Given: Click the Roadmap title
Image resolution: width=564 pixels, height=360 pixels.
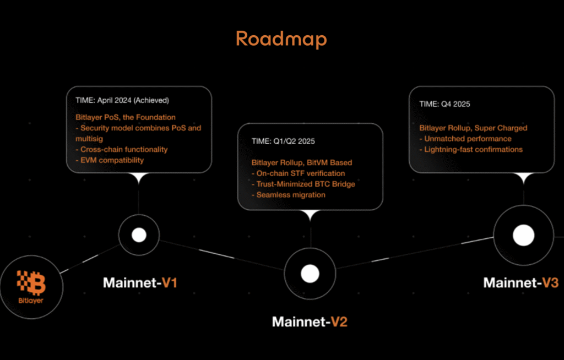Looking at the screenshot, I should pyautogui.click(x=281, y=39).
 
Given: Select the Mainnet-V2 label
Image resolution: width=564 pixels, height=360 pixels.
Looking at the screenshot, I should pyautogui.click(x=310, y=321).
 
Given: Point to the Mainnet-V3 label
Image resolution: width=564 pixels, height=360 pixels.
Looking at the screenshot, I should pyautogui.click(x=520, y=282).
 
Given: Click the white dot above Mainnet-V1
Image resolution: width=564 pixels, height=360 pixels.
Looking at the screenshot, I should pyautogui.click(x=139, y=236).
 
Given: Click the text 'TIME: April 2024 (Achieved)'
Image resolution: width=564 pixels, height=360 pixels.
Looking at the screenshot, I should pyautogui.click(x=122, y=101).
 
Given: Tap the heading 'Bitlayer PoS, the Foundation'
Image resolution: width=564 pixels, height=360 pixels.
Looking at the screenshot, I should pyautogui.click(x=126, y=117).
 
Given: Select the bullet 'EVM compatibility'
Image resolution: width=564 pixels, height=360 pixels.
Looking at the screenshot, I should pyautogui.click(x=109, y=160).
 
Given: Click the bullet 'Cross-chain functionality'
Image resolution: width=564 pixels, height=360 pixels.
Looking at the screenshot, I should pyautogui.click(x=121, y=149).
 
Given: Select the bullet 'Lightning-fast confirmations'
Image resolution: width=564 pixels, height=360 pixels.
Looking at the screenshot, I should pyautogui.click(x=471, y=149).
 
